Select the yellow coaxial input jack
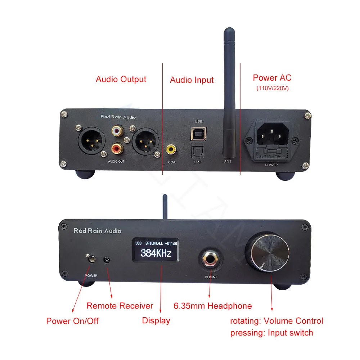171,148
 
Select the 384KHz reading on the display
156,253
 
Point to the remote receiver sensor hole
107,260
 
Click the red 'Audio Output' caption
121,79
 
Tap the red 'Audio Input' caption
192,80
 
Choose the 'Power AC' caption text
272,77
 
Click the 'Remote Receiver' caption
120,306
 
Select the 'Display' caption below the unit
156,320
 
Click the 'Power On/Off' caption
72,321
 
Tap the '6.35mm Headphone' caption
213,306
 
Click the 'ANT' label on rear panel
228,161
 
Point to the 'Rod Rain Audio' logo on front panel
97,231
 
